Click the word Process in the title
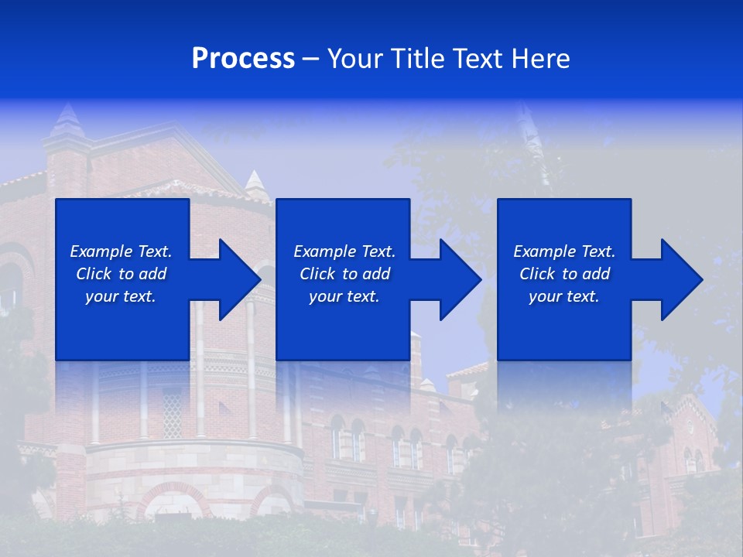pos(243,58)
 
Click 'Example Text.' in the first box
pos(121,251)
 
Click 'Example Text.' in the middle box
pos(344,251)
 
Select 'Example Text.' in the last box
pos(564,251)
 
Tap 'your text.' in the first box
pos(121,296)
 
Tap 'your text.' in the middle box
pos(344,296)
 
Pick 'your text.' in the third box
pos(564,296)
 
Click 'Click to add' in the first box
pos(121,274)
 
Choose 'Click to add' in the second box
pos(344,274)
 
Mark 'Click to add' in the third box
pos(564,274)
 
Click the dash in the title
pos(310,59)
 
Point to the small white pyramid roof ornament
pos(255,183)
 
